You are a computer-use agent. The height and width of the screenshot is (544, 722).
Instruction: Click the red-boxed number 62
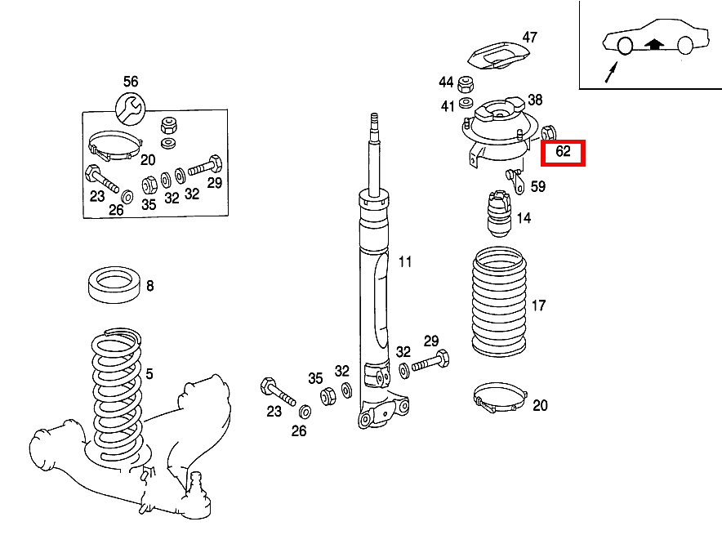564,152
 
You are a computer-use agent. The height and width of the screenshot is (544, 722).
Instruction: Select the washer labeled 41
466,103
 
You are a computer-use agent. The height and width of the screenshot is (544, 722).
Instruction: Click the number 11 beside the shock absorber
406,262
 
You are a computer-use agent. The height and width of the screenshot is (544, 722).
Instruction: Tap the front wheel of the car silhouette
623,47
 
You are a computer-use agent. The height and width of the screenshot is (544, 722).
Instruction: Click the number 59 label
537,187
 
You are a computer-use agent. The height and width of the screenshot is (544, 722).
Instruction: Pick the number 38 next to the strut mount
535,100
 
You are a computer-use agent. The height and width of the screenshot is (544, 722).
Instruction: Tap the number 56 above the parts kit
131,81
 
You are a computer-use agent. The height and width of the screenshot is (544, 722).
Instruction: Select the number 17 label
538,306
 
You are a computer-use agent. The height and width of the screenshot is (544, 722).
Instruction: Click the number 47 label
530,37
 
